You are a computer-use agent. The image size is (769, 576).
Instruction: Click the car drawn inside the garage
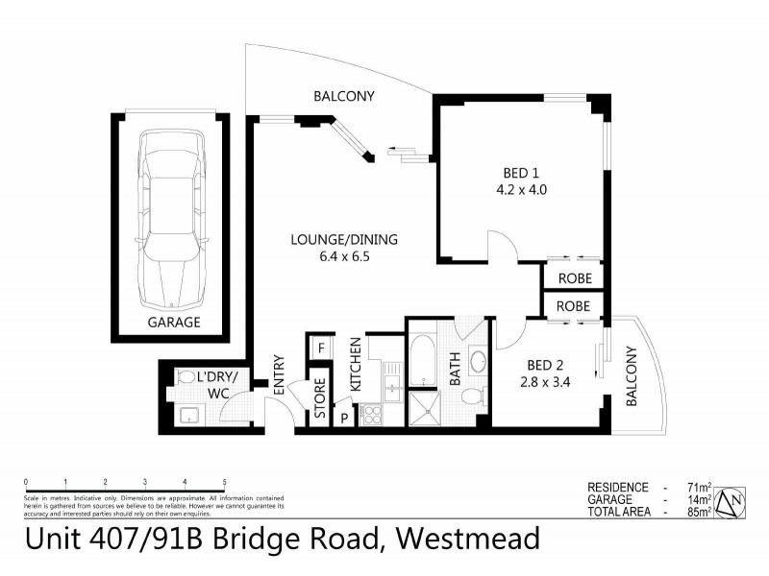(x=174, y=217)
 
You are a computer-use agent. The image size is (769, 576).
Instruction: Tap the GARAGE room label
(x=174, y=323)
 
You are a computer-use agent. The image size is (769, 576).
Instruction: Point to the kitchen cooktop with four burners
(x=371, y=417)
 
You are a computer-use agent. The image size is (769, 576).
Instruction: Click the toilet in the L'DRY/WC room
(x=186, y=379)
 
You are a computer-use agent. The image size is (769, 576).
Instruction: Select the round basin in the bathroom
(x=479, y=364)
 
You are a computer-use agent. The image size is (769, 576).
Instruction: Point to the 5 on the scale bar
(x=224, y=481)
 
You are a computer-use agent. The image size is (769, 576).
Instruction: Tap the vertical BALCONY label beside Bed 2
(x=633, y=377)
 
